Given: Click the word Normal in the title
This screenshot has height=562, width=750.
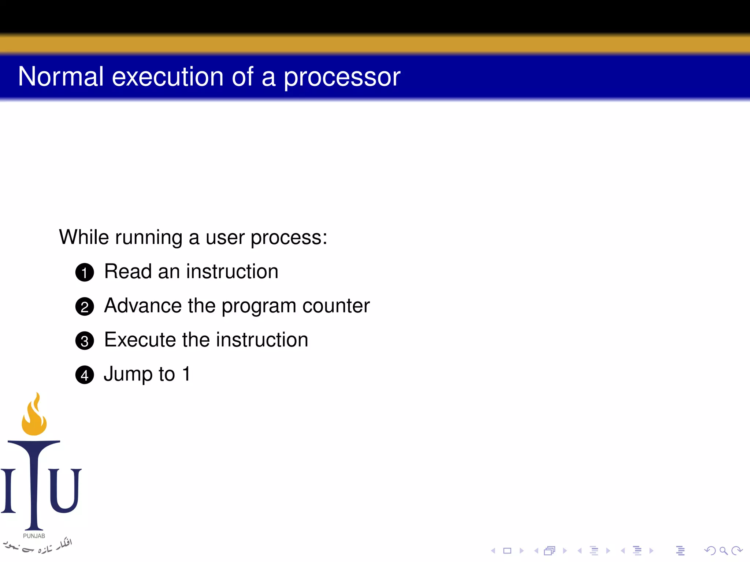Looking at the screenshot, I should pyautogui.click(x=61, y=77).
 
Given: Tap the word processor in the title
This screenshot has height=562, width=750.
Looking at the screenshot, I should pyautogui.click(x=342, y=78).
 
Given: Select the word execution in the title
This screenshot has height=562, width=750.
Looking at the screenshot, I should pyautogui.click(x=167, y=77).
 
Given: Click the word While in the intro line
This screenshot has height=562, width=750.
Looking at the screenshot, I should pyautogui.click(x=84, y=237).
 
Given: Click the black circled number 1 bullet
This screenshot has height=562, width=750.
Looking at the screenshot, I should pyautogui.click(x=85, y=272).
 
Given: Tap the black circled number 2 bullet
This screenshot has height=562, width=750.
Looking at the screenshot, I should pyautogui.click(x=85, y=307).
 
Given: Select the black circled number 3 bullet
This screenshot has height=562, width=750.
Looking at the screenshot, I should pyautogui.click(x=85, y=341).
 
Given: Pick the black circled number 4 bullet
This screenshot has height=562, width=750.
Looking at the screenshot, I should pyautogui.click(x=85, y=375).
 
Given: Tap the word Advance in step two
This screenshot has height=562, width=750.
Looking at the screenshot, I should pyautogui.click(x=143, y=306).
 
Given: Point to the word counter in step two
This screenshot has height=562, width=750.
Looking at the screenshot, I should pyautogui.click(x=336, y=306).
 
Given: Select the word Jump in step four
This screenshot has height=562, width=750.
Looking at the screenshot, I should pyautogui.click(x=128, y=374).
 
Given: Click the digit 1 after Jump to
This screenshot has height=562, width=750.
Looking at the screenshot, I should pyautogui.click(x=186, y=374).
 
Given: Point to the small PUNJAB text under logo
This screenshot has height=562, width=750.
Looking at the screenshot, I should pyautogui.click(x=34, y=536).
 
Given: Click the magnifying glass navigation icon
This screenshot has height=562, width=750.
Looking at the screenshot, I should pyautogui.click(x=723, y=551).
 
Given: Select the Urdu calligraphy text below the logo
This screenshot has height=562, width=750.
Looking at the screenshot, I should pyautogui.click(x=38, y=546).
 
